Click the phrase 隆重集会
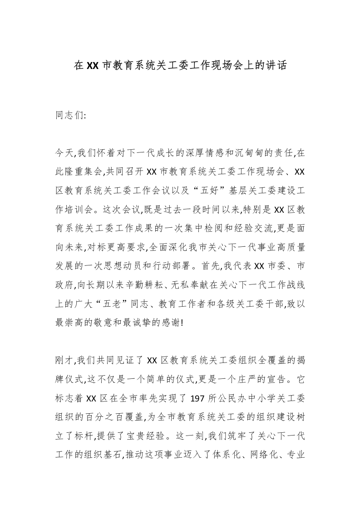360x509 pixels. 84,171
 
